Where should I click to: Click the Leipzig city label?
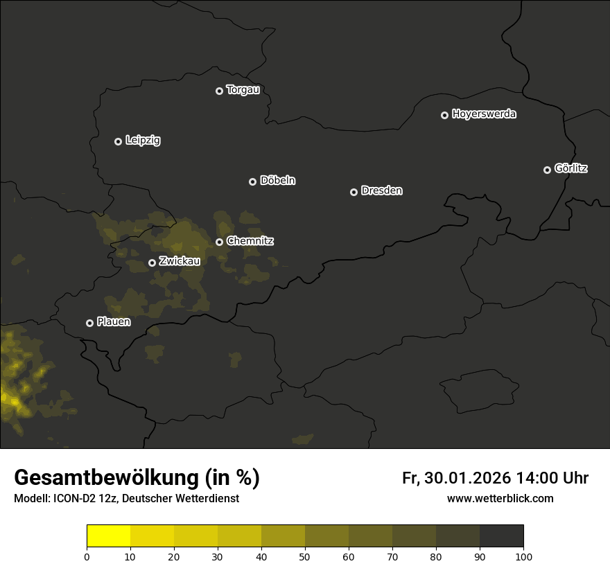143,141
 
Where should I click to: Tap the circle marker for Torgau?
219,91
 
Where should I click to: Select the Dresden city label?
381,191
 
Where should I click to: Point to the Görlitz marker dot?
547,170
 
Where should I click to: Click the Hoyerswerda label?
484,114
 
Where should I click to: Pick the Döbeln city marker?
252,182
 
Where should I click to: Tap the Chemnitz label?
250,241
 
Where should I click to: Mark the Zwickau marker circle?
152,263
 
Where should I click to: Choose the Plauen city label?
114,322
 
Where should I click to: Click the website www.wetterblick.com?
500,499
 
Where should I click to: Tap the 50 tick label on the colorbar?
305,556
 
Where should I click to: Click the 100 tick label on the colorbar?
523,556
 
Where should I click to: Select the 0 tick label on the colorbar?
87,556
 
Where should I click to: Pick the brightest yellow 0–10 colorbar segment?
108,536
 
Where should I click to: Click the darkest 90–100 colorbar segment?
501,536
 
